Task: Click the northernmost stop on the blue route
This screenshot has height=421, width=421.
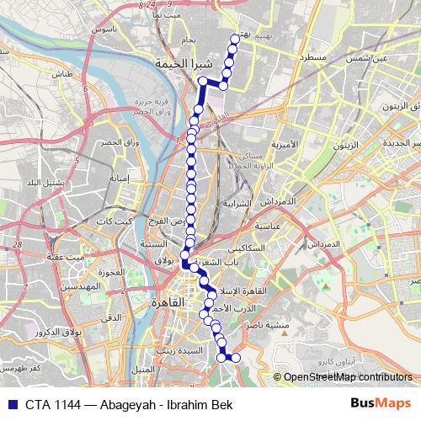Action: click(x=235, y=38)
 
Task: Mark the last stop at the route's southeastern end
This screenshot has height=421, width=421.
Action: click(x=236, y=358)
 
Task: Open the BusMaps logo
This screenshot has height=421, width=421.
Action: click(x=387, y=402)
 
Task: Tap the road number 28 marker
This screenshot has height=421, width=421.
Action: click(x=16, y=244)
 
